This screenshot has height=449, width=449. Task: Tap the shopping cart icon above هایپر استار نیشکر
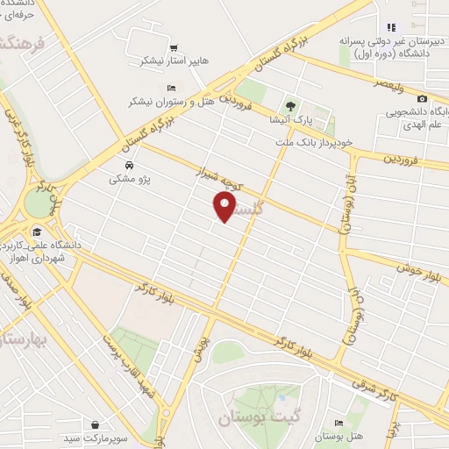pos(174,47)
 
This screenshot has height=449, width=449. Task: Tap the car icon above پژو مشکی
pos(129,165)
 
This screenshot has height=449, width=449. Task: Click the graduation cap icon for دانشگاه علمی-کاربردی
pos(37,232)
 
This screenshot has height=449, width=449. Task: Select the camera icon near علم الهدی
pos(423,99)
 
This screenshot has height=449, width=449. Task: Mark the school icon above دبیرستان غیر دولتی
pos(391,27)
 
